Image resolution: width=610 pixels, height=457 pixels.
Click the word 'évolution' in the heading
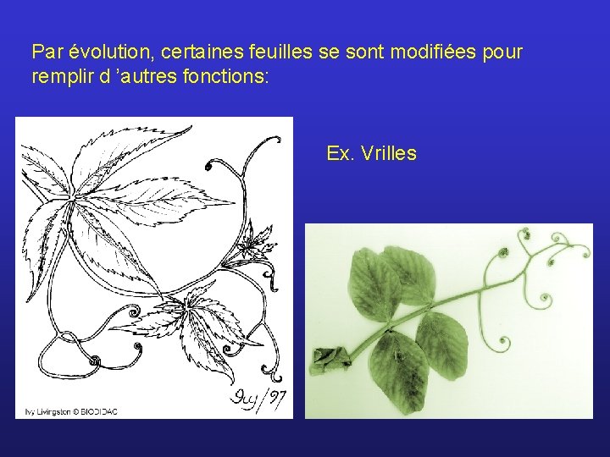[102, 52]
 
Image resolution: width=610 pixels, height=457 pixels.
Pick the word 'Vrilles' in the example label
[388, 153]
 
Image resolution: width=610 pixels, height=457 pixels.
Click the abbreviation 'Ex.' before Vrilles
[340, 153]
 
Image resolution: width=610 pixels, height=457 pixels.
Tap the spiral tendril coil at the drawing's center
[133, 314]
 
